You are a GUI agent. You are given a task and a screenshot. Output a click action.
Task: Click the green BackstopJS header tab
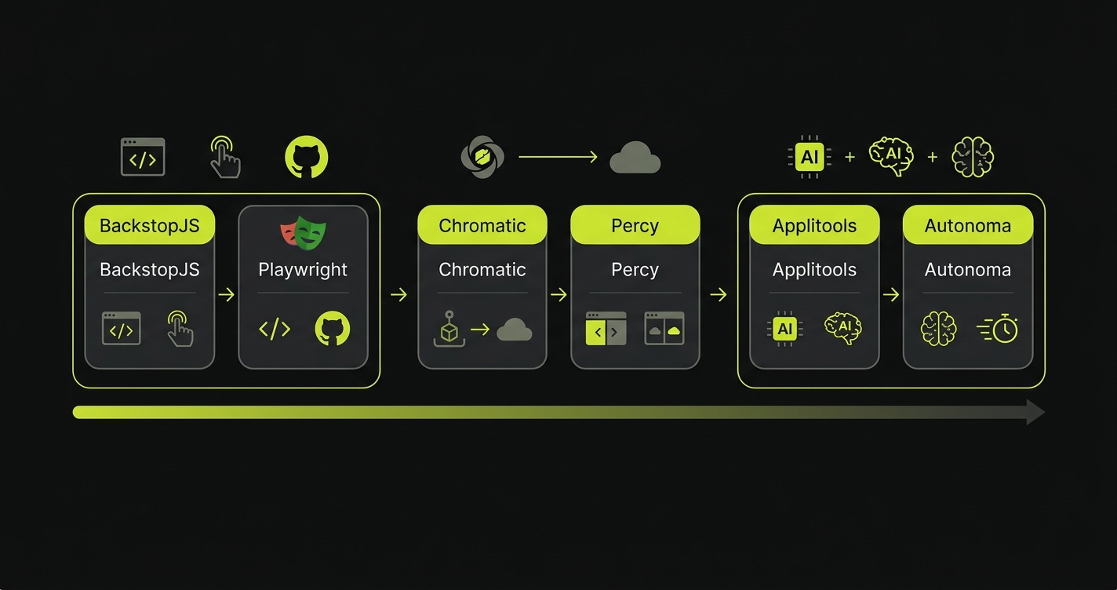click(x=149, y=226)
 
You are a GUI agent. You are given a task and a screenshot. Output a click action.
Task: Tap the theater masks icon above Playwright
click(x=303, y=231)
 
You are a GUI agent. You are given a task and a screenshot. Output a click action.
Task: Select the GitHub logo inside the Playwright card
click(x=332, y=329)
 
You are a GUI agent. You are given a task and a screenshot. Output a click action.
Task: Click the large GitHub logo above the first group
click(x=306, y=157)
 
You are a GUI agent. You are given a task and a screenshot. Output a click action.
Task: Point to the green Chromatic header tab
click(x=482, y=226)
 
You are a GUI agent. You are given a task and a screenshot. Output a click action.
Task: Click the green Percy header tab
click(x=635, y=226)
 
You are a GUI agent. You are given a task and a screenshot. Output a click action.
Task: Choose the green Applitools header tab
click(x=814, y=226)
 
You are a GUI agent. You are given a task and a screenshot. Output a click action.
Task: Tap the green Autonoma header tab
click(x=967, y=226)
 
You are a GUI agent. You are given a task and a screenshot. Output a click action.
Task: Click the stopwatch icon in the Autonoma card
click(x=999, y=329)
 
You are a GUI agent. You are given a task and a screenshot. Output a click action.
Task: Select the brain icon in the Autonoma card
click(x=938, y=329)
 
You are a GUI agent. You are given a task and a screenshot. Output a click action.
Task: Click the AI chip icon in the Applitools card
click(x=784, y=329)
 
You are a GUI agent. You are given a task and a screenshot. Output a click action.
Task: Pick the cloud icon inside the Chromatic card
click(x=514, y=330)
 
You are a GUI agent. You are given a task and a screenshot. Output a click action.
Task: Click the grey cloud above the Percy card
click(x=635, y=158)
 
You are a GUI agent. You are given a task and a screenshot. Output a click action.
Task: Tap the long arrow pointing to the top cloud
click(x=558, y=157)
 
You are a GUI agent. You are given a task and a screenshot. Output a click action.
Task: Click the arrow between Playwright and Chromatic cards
click(x=398, y=295)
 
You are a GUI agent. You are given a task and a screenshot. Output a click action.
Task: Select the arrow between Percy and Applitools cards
click(x=718, y=295)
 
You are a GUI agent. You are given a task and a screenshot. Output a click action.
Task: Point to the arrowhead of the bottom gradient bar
click(x=1035, y=412)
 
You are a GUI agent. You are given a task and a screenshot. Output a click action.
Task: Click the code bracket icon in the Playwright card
click(x=275, y=330)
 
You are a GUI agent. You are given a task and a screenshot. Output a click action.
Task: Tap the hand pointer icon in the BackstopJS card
click(x=180, y=329)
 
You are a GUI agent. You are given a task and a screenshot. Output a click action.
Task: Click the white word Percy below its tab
click(x=635, y=270)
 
